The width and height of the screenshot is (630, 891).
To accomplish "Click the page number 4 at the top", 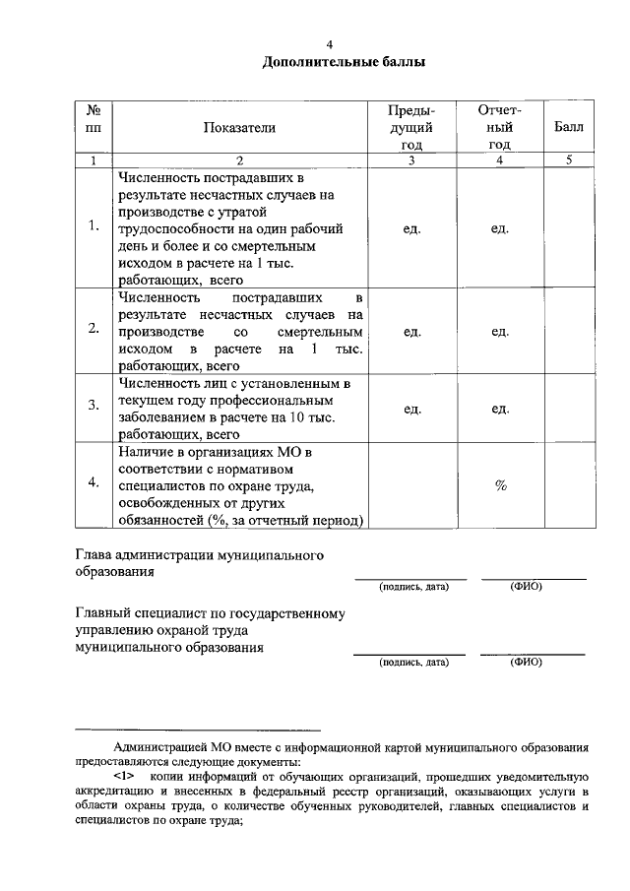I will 330,44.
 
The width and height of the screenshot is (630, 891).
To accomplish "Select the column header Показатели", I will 239,128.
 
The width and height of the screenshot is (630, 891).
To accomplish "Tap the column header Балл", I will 568,128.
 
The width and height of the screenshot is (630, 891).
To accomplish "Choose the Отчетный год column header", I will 499,128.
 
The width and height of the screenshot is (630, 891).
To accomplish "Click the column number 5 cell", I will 568,160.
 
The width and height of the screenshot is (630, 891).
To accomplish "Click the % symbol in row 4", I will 500,485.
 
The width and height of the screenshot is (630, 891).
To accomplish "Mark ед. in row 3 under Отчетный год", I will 500,407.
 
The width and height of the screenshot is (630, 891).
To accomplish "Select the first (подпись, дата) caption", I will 413,587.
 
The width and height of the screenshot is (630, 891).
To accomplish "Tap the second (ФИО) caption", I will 527,662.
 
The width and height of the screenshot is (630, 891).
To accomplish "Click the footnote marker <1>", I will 128,775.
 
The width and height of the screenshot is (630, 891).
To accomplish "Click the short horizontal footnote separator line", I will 198,730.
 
